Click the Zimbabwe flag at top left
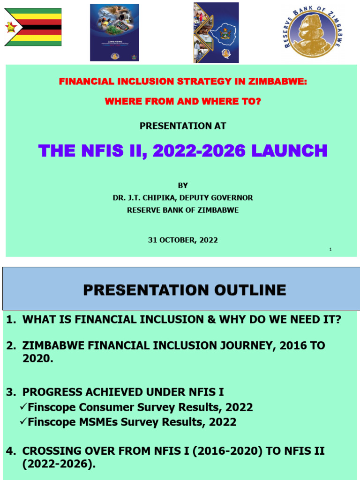(x=33, y=27)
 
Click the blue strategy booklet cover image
(x=114, y=32)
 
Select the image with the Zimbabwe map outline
(x=216, y=32)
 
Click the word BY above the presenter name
(x=183, y=186)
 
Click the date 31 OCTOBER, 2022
(x=183, y=240)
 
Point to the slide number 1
(x=330, y=249)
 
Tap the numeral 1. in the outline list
(x=11, y=320)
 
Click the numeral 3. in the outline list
(x=11, y=392)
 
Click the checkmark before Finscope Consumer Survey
(x=23, y=406)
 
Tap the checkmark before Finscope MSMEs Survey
(x=23, y=421)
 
